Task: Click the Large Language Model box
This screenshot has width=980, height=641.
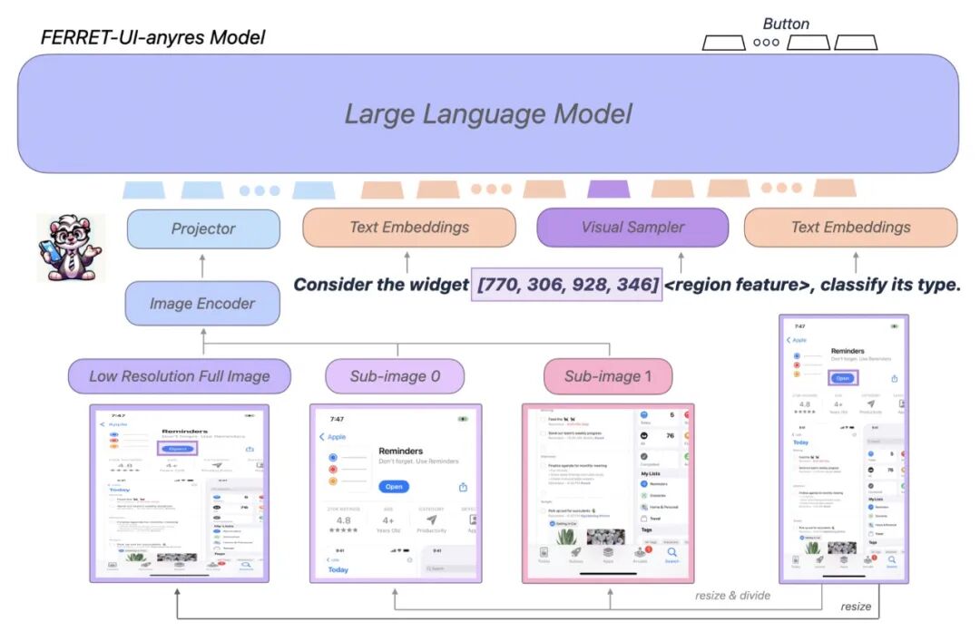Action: pyautogui.click(x=488, y=113)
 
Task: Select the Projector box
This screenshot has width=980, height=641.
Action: pyautogui.click(x=203, y=228)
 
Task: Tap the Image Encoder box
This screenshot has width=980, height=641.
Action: pyautogui.click(x=202, y=304)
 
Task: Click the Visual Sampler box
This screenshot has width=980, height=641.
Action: pyautogui.click(x=632, y=228)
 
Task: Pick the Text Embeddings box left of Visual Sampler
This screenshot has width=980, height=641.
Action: pyautogui.click(x=409, y=228)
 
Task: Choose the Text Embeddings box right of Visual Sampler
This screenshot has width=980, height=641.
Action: pyautogui.click(x=850, y=228)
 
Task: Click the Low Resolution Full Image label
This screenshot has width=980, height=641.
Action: pyautogui.click(x=180, y=376)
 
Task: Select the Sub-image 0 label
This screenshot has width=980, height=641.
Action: pyautogui.click(x=395, y=376)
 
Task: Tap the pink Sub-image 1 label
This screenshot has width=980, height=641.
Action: pyautogui.click(x=609, y=376)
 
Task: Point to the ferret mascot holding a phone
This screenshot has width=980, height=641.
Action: pyautogui.click(x=69, y=248)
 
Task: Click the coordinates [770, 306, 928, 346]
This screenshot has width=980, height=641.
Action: pyautogui.click(x=567, y=285)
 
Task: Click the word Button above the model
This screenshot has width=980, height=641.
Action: pyautogui.click(x=786, y=24)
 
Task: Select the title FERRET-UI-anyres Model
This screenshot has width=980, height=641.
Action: pyautogui.click(x=153, y=38)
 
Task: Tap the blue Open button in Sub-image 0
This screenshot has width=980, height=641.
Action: pyautogui.click(x=394, y=487)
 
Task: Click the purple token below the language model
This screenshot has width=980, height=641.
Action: pyautogui.click(x=608, y=189)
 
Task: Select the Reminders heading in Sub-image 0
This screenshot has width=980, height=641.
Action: pyautogui.click(x=401, y=451)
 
